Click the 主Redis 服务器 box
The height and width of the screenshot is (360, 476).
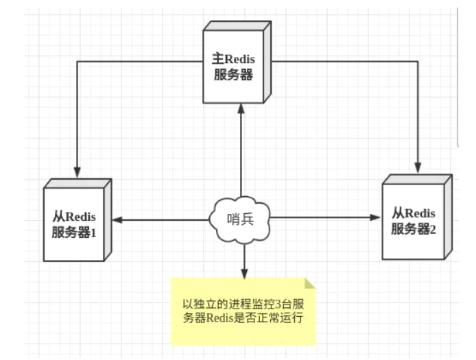coord(234,65)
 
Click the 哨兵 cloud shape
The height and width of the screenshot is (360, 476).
coord(241,219)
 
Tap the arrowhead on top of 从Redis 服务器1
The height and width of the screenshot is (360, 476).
coord(78,171)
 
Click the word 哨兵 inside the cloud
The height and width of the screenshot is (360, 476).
coord(241,219)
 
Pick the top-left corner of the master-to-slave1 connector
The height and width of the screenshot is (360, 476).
coord(78,62)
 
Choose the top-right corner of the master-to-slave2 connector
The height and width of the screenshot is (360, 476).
coord(416,61)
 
